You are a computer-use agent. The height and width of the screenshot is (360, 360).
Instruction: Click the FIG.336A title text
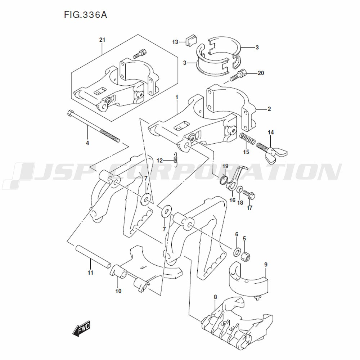point(86,15)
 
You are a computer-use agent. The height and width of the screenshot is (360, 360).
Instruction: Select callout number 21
point(102,40)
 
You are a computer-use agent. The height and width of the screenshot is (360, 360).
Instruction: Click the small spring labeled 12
point(176,159)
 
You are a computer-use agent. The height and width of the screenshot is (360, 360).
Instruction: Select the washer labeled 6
point(237,251)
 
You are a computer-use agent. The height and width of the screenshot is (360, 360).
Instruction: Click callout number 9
point(266,265)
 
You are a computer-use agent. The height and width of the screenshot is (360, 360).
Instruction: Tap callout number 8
point(215,297)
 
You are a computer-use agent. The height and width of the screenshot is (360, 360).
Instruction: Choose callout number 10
point(118,291)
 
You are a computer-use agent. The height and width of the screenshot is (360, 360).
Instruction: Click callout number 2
point(269,108)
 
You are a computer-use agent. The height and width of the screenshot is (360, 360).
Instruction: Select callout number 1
point(177,97)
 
